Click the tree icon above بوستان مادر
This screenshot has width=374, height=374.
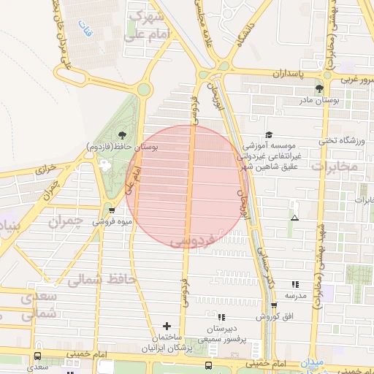pos(319,88)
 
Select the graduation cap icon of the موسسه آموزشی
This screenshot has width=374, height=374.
pos(269,134)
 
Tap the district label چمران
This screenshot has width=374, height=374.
pos(68,221)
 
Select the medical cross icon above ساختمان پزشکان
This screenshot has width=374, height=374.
pos(167,326)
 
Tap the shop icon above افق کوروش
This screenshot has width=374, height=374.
pos(274,305)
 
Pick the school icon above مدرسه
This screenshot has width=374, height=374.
pos(295,284)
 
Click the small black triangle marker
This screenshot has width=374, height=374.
pos(294,218)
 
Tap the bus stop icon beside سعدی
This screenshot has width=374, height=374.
pos(37,356)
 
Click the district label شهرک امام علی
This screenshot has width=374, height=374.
pos(153,26)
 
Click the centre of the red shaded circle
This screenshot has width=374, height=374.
pos(187,188)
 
